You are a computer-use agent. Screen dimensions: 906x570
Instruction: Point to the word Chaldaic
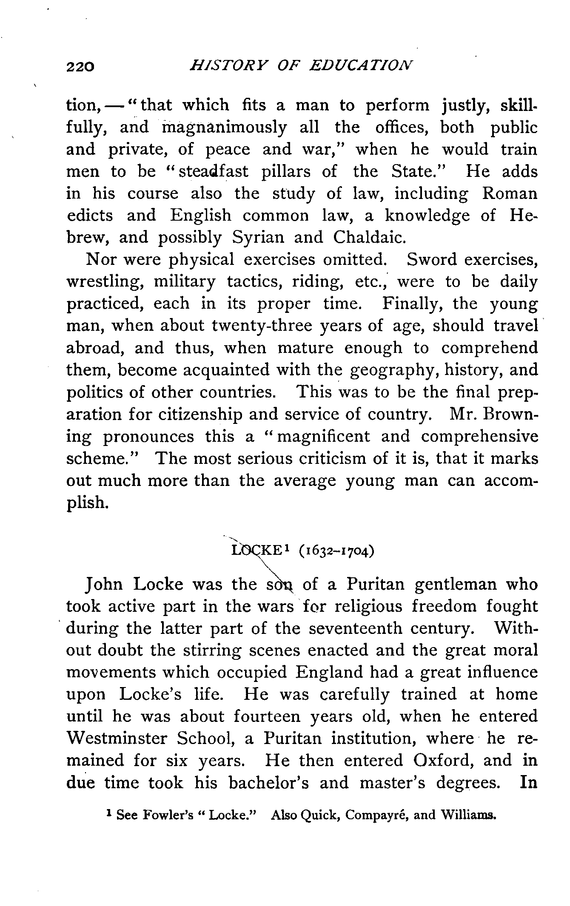point(368,237)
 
